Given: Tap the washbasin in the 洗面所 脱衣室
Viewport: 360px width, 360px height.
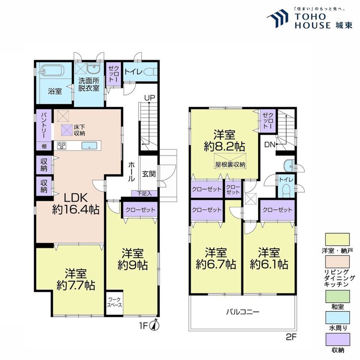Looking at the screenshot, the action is [93, 69].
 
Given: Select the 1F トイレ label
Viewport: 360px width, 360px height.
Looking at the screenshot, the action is [133, 72].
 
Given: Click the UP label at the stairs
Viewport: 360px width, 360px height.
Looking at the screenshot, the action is [150, 97].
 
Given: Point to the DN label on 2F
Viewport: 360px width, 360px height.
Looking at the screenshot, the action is [270, 144].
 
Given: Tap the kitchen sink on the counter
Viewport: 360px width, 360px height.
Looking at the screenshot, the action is [90, 145].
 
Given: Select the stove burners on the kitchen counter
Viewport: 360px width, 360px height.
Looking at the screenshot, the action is [62, 145].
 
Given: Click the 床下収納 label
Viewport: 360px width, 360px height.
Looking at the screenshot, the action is [79, 130].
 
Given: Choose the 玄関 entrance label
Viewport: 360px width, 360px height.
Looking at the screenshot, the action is [149, 174].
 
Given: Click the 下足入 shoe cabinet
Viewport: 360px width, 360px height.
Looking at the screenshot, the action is [144, 193].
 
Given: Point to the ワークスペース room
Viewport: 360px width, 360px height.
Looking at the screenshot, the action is [115, 302].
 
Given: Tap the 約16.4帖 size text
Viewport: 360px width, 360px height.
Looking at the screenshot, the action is [76, 210].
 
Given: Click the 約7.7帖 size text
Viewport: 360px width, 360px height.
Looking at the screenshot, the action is [76, 286].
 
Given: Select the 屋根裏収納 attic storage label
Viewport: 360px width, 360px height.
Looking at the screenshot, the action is [230, 165].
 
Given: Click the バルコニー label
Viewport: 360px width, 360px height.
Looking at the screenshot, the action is [243, 312].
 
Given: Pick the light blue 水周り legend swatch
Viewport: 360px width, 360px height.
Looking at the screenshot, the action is [337, 318].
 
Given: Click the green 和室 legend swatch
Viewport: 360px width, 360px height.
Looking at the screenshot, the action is [337, 297].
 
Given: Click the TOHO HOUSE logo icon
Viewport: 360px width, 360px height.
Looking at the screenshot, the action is [278, 18].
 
